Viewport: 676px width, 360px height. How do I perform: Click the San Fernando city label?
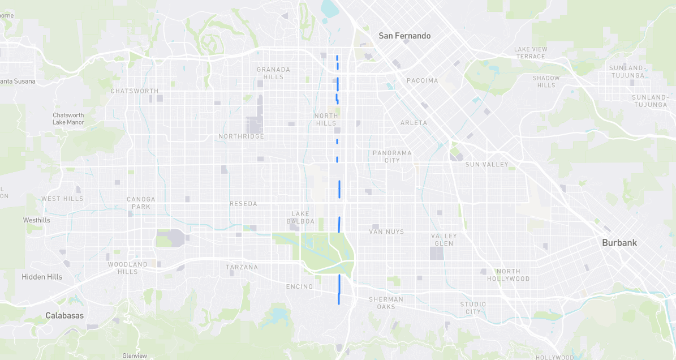(x=404, y=36)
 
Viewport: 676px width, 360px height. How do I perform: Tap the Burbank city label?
(x=619, y=243)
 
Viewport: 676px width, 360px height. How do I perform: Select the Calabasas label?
(x=64, y=315)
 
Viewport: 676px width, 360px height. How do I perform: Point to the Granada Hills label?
(x=273, y=73)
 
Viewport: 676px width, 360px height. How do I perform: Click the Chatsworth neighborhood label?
(x=134, y=91)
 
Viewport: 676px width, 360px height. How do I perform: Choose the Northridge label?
(x=241, y=136)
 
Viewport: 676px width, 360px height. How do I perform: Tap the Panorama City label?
(x=392, y=157)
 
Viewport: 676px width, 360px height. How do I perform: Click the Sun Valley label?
(x=486, y=165)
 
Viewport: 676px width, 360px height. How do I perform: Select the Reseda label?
(x=243, y=204)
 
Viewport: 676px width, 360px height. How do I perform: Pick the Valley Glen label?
(x=444, y=239)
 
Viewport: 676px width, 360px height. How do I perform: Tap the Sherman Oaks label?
(x=386, y=303)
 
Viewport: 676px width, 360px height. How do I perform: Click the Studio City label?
(x=473, y=308)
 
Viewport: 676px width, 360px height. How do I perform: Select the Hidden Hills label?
(x=42, y=277)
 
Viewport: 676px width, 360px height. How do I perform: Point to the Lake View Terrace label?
(x=530, y=53)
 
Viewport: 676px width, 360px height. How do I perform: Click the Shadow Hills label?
(x=546, y=82)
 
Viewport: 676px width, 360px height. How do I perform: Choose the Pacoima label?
(x=422, y=80)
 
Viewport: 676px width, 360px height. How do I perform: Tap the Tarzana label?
(x=242, y=267)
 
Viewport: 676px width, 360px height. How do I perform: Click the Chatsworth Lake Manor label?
(x=68, y=118)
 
